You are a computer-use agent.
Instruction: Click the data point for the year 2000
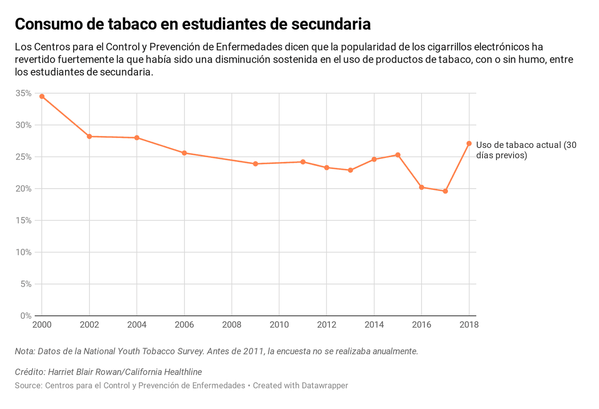42,96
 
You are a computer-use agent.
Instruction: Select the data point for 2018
469,144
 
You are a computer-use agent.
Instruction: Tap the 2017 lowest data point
445,191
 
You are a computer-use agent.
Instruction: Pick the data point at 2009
256,164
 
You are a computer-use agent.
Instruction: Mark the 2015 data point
398,155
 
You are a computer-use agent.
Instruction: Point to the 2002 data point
89,137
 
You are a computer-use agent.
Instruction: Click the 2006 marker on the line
184,153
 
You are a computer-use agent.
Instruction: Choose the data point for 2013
350,170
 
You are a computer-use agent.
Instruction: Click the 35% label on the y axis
23,93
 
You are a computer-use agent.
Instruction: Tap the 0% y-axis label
26,316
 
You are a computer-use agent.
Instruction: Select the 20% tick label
23,189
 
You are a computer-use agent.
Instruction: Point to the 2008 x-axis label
232,325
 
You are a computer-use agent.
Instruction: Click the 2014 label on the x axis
374,325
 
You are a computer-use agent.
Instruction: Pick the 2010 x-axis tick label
279,325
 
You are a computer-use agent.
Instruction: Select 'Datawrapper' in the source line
324,386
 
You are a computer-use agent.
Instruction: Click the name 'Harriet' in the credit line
63,372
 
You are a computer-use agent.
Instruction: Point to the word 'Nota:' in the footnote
25,351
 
